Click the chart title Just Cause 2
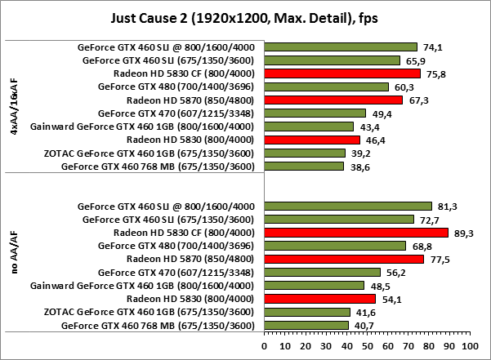point(244,17)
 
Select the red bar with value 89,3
point(355,233)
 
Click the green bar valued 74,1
point(340,47)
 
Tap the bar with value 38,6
point(303,167)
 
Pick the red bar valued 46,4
point(311,140)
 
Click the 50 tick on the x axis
point(366,346)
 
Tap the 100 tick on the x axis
point(468,346)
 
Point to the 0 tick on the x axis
point(264,346)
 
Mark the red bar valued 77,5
point(343,259)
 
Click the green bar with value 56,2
point(321,273)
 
